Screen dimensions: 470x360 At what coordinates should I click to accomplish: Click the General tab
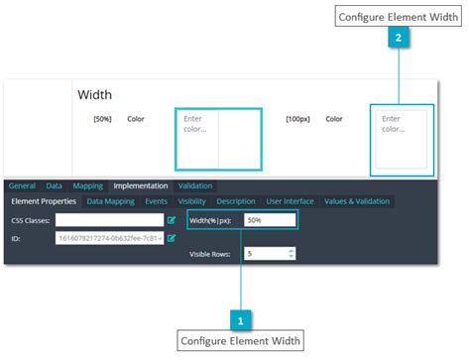click(22, 185)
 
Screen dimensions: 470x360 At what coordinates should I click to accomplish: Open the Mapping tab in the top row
click(87, 185)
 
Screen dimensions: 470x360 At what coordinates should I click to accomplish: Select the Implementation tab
click(140, 185)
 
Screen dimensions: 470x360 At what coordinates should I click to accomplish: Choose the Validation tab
click(195, 185)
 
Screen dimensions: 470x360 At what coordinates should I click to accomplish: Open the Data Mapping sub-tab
click(111, 201)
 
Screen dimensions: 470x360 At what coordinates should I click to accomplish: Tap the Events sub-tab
click(157, 201)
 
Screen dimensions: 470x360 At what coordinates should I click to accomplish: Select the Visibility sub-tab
click(192, 201)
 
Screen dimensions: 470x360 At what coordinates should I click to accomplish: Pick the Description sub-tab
click(236, 201)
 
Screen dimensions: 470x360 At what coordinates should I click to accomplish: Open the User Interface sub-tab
click(291, 201)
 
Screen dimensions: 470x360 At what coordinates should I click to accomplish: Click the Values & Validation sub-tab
click(357, 201)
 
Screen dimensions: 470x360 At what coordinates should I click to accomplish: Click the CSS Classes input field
click(108, 220)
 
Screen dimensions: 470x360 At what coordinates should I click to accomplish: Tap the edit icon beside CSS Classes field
click(172, 220)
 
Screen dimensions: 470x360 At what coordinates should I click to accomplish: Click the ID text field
click(108, 238)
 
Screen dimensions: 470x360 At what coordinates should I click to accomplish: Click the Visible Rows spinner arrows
click(290, 254)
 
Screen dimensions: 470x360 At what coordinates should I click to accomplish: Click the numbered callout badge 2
click(398, 39)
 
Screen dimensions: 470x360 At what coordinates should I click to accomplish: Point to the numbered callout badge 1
click(239, 319)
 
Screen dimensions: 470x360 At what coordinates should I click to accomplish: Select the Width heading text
click(95, 95)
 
